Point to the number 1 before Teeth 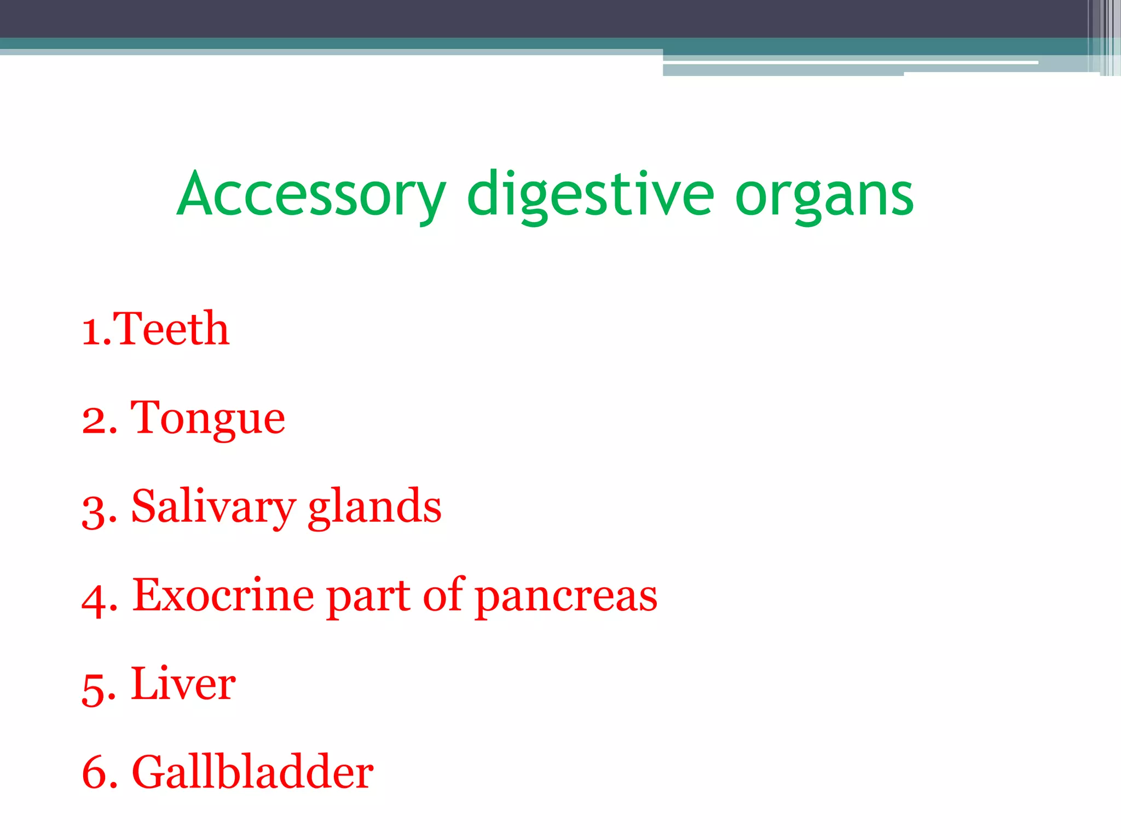coord(91,331)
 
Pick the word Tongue coord(207,418)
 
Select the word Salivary coord(213,507)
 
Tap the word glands coord(374,507)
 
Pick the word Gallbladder coord(252,772)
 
